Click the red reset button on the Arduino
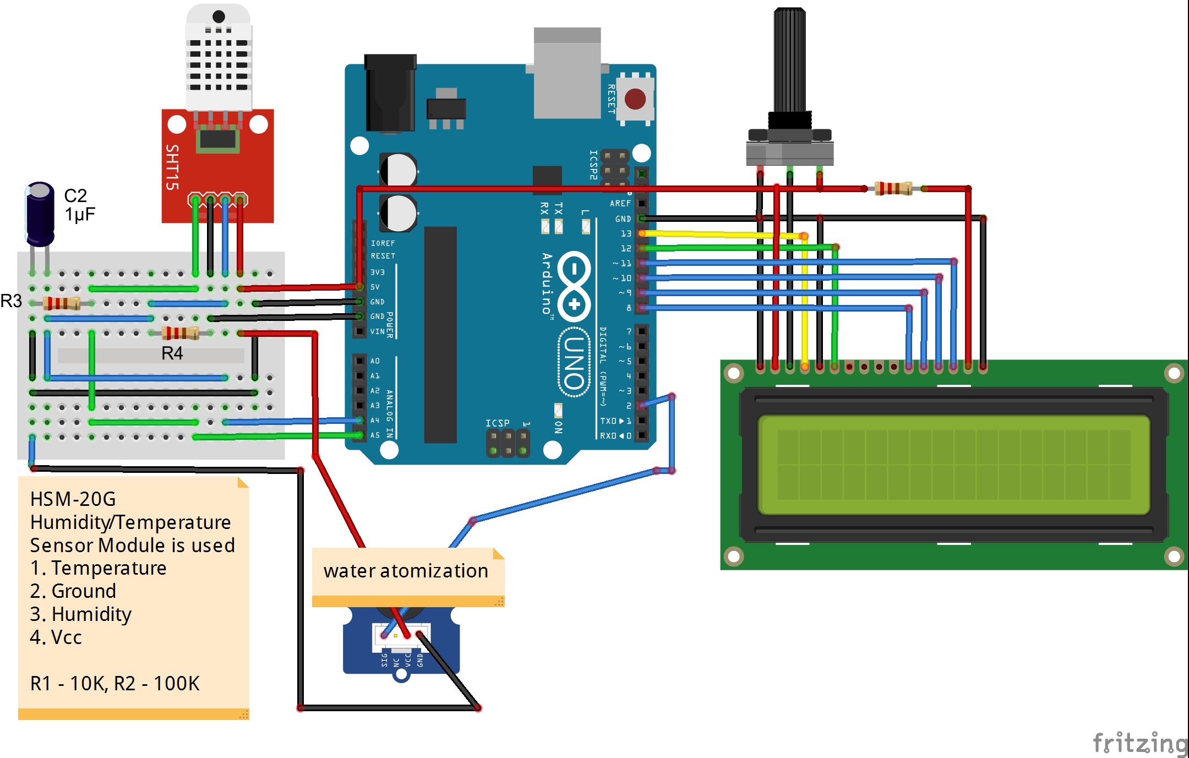point(635,100)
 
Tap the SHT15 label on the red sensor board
point(172,167)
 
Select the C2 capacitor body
point(40,215)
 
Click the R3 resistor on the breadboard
point(62,303)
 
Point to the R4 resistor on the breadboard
point(180,332)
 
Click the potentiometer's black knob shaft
point(789,61)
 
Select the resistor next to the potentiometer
point(893,188)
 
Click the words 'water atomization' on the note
point(406,571)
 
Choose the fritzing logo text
point(1139,743)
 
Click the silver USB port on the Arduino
point(567,74)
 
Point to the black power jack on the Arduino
point(390,94)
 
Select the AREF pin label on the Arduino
point(620,204)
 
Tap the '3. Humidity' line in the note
point(81,614)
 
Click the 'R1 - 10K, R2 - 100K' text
point(114,683)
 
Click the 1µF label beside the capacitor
point(80,214)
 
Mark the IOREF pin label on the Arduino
point(383,243)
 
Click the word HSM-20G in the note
point(73,499)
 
